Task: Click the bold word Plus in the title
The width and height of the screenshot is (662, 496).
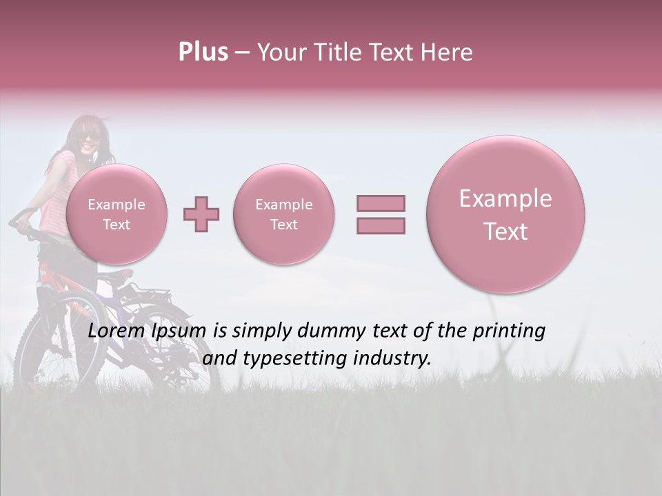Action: click(x=203, y=52)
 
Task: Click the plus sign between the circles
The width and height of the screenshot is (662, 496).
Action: click(x=201, y=214)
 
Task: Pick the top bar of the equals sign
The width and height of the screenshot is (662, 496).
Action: click(x=381, y=203)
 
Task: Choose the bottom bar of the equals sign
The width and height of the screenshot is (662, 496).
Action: click(x=381, y=225)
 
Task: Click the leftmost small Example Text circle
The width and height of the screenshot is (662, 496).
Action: click(x=117, y=214)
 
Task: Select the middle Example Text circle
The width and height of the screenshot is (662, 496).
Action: click(x=284, y=214)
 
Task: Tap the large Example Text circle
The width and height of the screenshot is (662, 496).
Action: click(x=505, y=214)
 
